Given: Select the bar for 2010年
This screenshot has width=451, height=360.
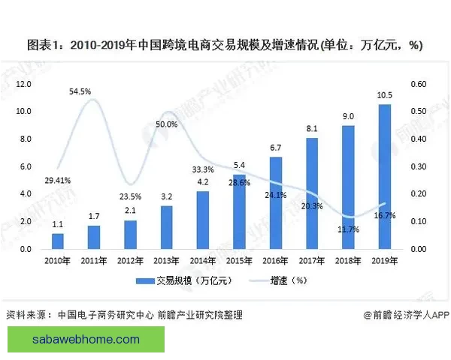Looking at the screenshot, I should (57, 241).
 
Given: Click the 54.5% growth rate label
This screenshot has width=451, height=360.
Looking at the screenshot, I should (80, 91).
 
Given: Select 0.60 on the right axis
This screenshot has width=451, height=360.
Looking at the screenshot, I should (416, 84).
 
